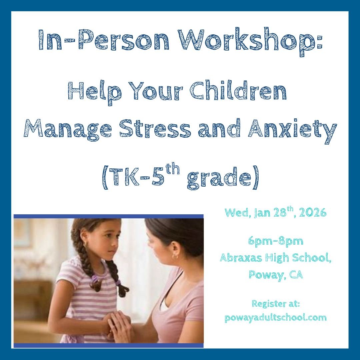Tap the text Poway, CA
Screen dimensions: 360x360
[x=275, y=275]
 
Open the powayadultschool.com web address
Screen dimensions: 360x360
[x=275, y=318]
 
